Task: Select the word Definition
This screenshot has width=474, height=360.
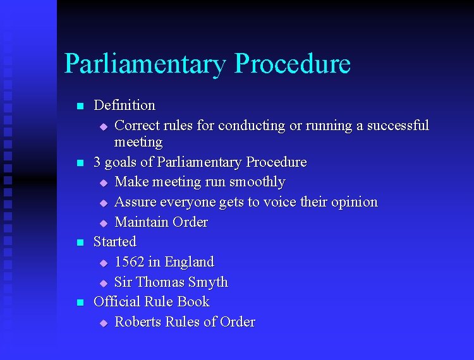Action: click(x=124, y=105)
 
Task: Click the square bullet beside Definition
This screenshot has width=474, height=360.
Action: click(x=80, y=106)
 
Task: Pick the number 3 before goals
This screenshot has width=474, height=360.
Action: click(x=97, y=162)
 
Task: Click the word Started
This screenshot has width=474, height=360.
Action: click(x=114, y=242)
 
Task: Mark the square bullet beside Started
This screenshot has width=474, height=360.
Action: click(x=80, y=243)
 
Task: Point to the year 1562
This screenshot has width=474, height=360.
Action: click(x=130, y=262)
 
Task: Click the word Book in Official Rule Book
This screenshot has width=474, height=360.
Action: click(x=193, y=302)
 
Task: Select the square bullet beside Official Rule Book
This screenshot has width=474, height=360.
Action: click(x=80, y=303)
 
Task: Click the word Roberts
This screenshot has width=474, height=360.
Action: click(x=138, y=322)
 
